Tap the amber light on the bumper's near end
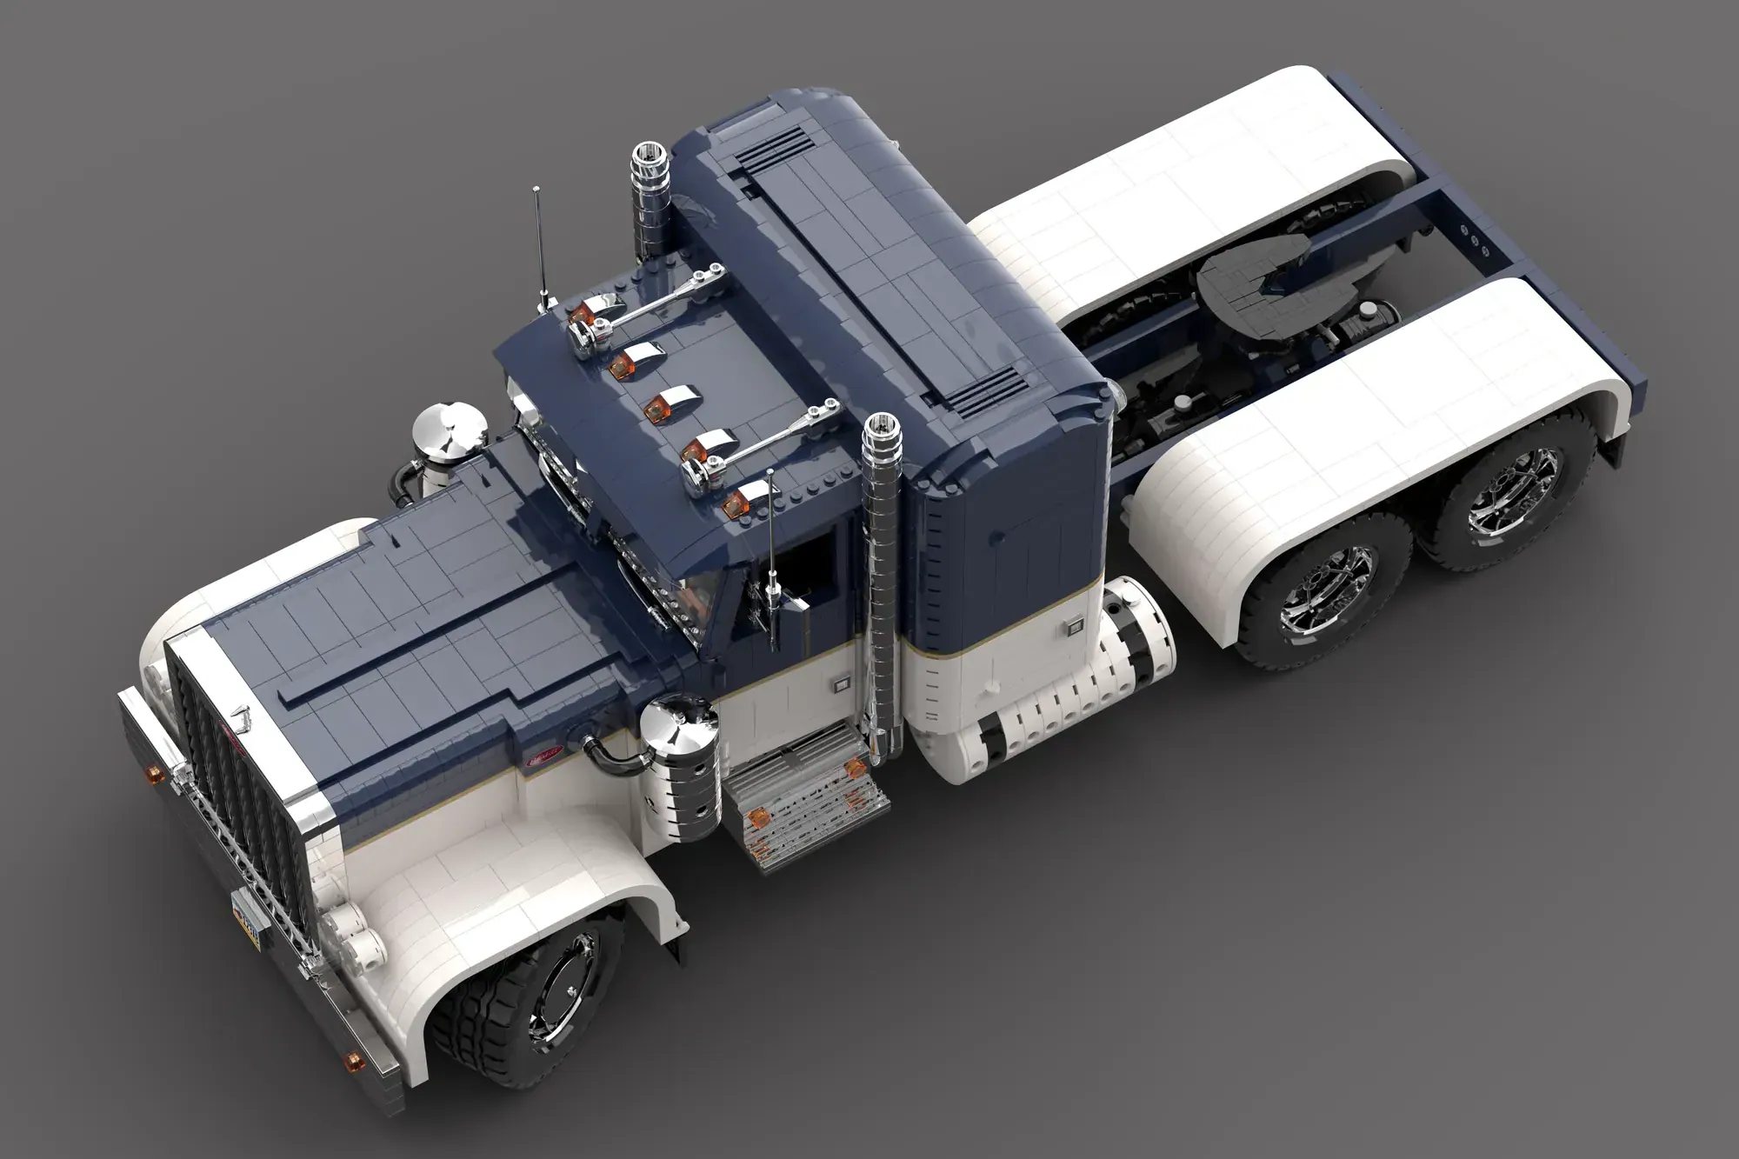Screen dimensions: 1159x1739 tap(354, 1060)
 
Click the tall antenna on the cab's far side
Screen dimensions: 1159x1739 tap(542, 243)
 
